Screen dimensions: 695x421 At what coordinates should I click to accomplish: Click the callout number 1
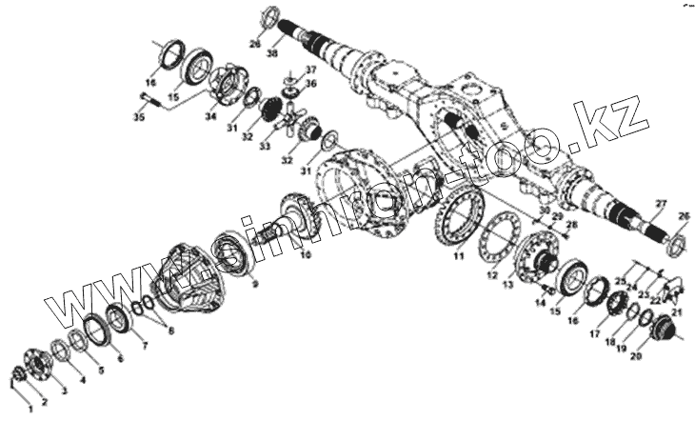pyautogui.click(x=30, y=408)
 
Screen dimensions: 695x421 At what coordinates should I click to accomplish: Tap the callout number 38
pyautogui.click(x=273, y=54)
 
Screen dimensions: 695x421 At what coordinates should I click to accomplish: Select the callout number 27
pyautogui.click(x=660, y=203)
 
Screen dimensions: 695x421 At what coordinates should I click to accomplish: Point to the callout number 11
pyautogui.click(x=459, y=255)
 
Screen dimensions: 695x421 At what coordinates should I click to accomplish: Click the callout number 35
pyautogui.click(x=138, y=117)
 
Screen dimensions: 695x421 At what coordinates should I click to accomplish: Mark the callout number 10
pyautogui.click(x=305, y=255)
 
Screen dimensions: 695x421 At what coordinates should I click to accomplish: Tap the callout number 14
pyautogui.click(x=540, y=303)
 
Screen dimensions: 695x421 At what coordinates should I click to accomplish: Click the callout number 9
pyautogui.click(x=255, y=283)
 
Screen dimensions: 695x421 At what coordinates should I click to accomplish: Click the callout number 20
pyautogui.click(x=635, y=355)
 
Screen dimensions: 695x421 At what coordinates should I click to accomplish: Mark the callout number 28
pyautogui.click(x=573, y=225)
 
